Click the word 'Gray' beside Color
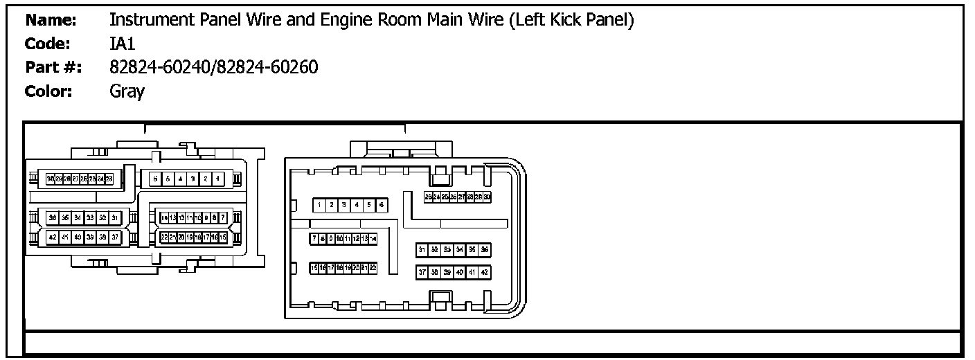127,91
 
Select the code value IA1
121,44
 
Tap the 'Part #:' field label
53,68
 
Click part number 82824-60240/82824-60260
214,67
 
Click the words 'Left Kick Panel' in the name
571,21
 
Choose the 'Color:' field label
48,91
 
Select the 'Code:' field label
48,44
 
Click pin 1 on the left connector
217,179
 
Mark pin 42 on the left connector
52,237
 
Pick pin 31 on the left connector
115,217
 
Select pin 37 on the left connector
115,237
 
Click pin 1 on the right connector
319,205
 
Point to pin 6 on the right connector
381,205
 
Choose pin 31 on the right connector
422,249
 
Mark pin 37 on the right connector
422,272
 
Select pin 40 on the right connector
459,272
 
